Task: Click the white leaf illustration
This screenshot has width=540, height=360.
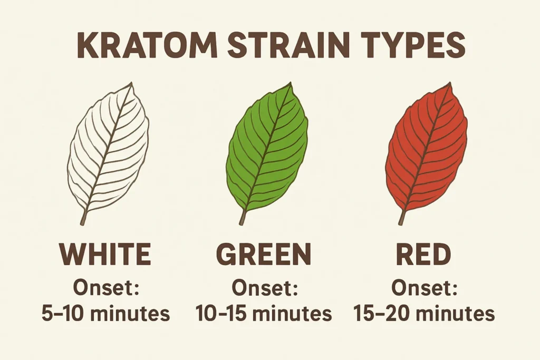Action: [x=108, y=150]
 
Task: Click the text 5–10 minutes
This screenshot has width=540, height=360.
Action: [x=105, y=314]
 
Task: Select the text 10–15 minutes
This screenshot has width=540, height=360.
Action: [x=264, y=314]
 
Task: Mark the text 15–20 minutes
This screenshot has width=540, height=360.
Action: [x=424, y=314]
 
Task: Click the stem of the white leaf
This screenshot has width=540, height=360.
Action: [x=84, y=217]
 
